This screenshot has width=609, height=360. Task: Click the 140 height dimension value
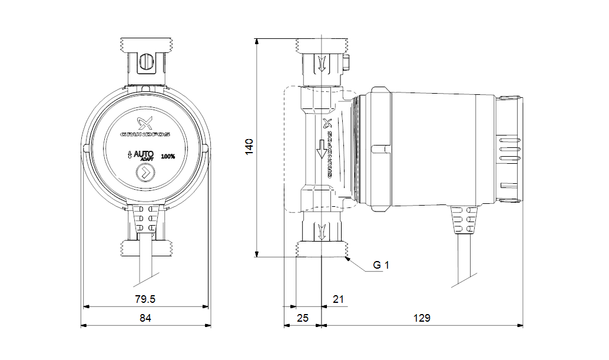[249, 146]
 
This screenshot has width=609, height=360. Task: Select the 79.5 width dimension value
[145, 299]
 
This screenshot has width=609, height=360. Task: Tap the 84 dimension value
[145, 318]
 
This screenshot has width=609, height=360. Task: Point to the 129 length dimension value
[421, 318]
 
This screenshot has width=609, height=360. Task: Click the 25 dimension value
[302, 318]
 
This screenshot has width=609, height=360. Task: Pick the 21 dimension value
[337, 299]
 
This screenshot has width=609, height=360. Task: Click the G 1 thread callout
[381, 265]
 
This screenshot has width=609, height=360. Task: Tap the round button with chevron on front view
[144, 173]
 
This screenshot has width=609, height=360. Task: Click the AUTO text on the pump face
[144, 154]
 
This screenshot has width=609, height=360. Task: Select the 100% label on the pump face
[168, 156]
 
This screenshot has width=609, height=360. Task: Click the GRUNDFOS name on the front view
[145, 135]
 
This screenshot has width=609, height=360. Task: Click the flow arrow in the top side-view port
[322, 63]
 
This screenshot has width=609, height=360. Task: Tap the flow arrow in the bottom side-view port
[322, 230]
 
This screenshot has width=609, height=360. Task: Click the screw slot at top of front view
[145, 62]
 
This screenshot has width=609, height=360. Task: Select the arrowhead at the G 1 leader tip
[348, 258]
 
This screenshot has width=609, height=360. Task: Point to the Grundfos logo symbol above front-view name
[145, 123]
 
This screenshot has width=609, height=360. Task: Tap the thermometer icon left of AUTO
[128, 156]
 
